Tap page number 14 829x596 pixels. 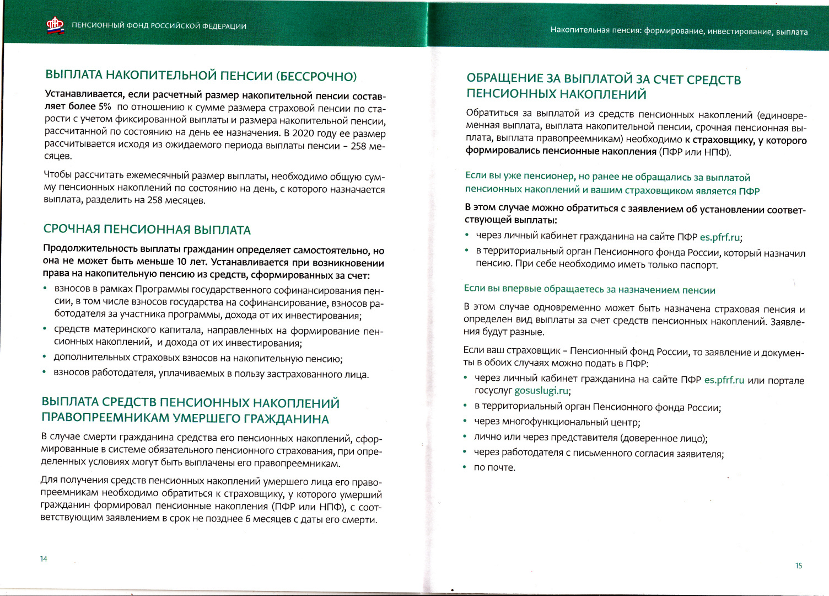coord(44,559)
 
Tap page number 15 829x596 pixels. coord(799,566)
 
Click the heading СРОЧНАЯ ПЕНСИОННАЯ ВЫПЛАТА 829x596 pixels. coord(147,230)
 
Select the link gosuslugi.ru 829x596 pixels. coord(541,391)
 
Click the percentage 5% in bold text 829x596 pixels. coord(105,107)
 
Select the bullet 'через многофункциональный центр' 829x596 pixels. coord(557,423)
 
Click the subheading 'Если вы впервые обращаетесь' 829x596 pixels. coord(589,290)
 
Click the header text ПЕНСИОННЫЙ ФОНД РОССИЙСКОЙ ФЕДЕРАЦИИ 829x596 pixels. coord(159,26)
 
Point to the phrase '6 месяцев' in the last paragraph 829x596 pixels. coord(265,519)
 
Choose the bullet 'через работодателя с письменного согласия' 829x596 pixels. coord(599,454)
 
